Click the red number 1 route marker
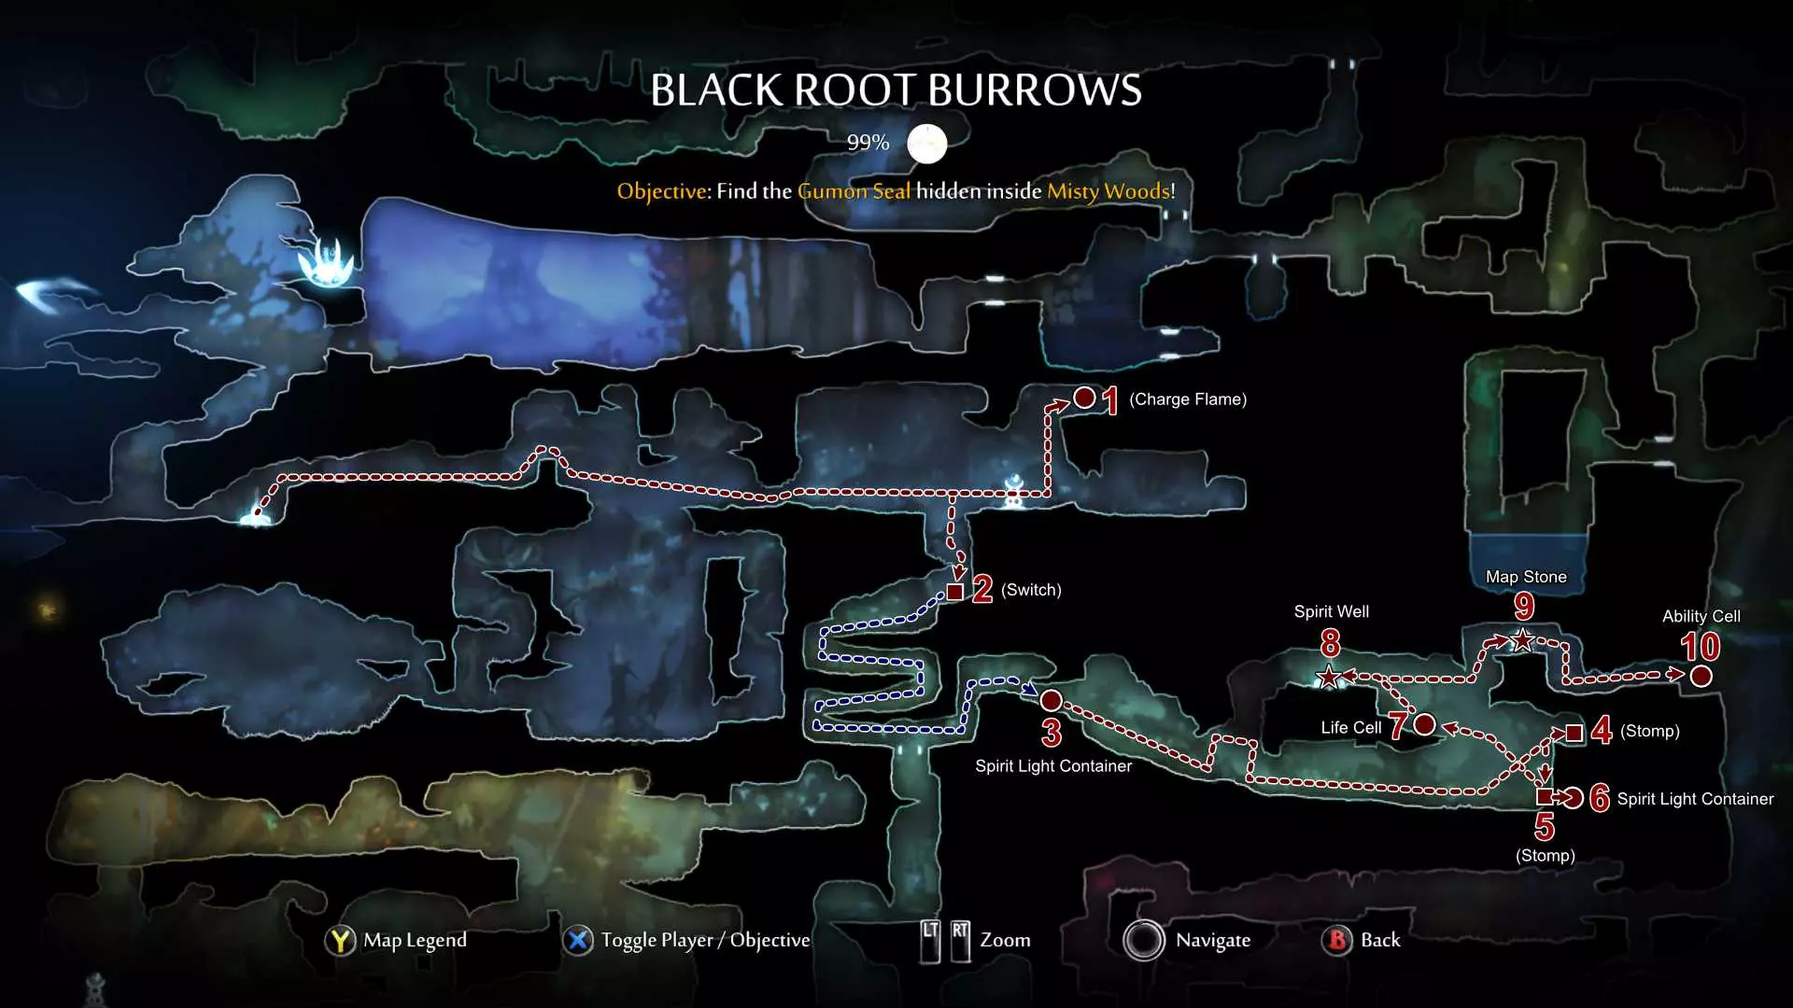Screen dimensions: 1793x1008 [x=1109, y=400]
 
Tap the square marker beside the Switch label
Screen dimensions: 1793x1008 [x=954, y=592]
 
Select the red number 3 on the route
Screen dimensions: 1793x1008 [x=1052, y=733]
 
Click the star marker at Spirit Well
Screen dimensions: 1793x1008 [x=1328, y=677]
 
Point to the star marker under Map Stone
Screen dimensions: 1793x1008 [x=1523, y=640]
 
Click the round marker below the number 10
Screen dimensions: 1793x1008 [x=1701, y=676]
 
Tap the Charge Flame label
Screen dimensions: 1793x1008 [x=1188, y=399]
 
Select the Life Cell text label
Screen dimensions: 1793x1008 [x=1350, y=728]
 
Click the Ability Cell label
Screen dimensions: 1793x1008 [x=1701, y=616]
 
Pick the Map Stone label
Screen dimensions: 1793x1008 [x=1526, y=577]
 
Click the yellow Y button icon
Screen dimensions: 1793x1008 [x=341, y=940]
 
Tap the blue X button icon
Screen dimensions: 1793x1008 [x=578, y=940]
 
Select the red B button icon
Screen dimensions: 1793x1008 [x=1337, y=940]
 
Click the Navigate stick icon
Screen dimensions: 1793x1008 [x=1144, y=940]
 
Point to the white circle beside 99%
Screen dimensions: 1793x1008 [x=926, y=144]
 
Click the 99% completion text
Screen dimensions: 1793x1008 [x=868, y=143]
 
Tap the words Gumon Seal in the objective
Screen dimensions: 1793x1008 [x=854, y=191]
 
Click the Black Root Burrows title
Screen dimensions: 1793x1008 [x=896, y=91]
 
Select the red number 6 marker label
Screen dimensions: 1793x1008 [x=1600, y=798]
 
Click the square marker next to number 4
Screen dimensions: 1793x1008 [x=1574, y=733]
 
